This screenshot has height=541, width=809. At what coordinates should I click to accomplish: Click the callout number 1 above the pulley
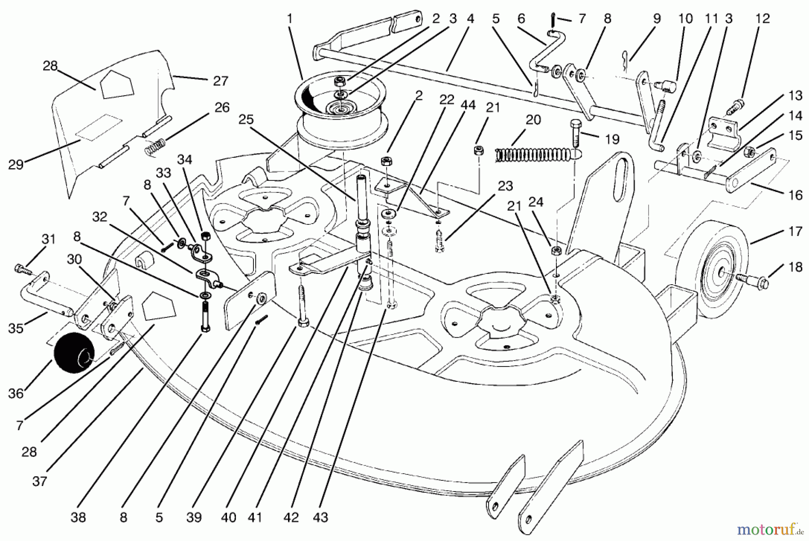pos(289,19)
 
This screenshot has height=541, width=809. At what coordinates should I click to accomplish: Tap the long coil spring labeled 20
pos(533,155)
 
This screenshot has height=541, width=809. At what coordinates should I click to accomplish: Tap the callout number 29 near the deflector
pos(15,165)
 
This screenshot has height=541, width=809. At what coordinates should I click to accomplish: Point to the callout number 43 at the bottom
pos(320,517)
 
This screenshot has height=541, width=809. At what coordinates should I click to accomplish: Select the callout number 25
pos(246,120)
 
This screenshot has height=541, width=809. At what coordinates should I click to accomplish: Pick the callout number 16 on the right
pos(796,195)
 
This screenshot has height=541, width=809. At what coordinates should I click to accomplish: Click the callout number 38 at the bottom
pos(78,517)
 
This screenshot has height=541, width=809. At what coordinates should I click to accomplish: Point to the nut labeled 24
pos(556,250)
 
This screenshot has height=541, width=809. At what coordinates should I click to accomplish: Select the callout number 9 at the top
pos(657,19)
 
